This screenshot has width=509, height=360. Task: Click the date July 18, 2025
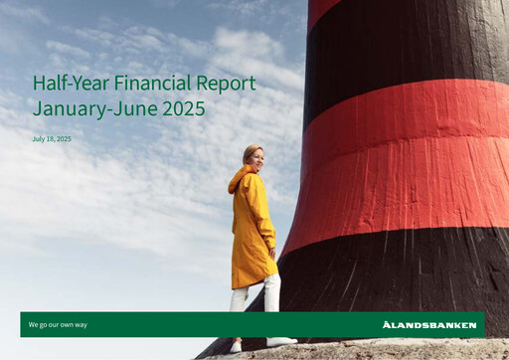click(x=52, y=139)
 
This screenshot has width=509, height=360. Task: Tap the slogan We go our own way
click(x=58, y=325)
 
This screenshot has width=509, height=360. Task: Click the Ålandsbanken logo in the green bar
click(x=428, y=325)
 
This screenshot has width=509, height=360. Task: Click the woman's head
click(x=254, y=156)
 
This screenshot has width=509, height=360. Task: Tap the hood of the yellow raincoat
click(x=240, y=180)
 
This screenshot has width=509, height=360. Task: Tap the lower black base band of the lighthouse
click(x=398, y=269)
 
